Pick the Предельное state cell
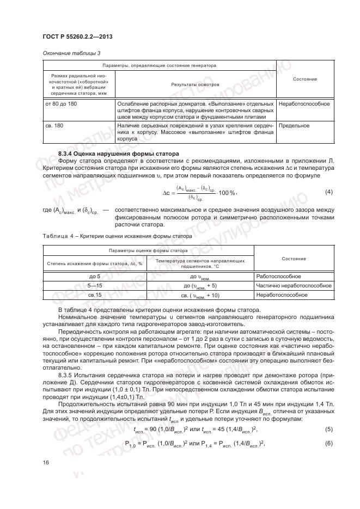[x=294, y=125]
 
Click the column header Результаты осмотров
[x=195, y=85]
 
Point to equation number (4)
[x=328, y=192]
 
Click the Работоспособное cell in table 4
[x=282, y=277]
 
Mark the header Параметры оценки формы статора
[x=148, y=250]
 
